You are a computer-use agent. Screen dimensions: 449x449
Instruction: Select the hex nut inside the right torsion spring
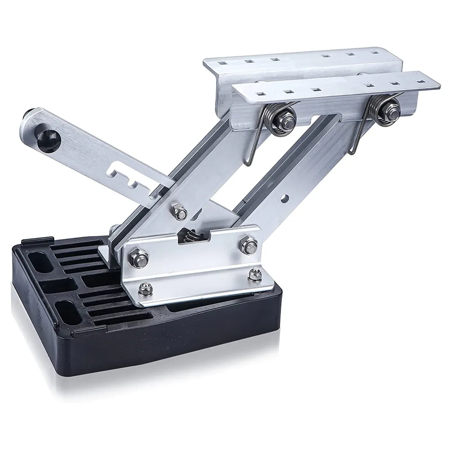[x=387, y=110]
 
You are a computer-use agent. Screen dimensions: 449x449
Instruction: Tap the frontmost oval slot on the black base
[x=69, y=312]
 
